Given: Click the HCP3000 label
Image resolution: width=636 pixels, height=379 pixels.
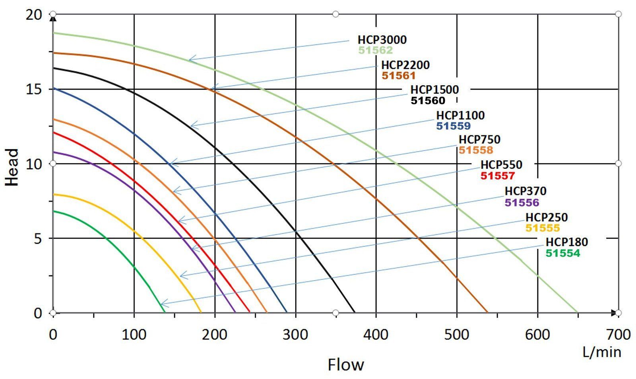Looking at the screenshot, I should (x=382, y=40).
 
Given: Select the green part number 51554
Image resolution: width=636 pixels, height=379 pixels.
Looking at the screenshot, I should (x=562, y=253).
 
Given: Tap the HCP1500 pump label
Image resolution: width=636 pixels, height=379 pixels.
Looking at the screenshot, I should (x=434, y=90).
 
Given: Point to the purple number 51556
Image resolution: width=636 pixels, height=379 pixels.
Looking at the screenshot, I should (x=522, y=202).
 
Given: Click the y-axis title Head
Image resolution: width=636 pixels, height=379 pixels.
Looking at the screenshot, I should (x=13, y=167).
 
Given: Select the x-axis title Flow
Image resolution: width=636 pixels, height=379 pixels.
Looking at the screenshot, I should (x=345, y=364).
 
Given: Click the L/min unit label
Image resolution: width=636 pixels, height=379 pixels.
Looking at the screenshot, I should (x=602, y=352).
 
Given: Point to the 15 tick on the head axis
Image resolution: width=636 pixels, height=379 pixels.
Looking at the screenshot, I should (x=35, y=89).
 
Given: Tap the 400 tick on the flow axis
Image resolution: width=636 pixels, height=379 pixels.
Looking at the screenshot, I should (x=376, y=335).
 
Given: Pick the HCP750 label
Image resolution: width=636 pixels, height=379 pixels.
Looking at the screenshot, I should (x=479, y=140).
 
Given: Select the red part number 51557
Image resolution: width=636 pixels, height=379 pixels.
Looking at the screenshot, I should (x=497, y=175).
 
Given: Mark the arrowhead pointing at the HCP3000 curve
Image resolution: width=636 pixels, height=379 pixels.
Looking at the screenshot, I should (x=190, y=60).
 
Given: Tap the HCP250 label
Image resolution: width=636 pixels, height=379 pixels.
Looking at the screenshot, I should (x=547, y=217).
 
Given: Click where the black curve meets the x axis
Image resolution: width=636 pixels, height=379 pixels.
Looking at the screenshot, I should (x=354, y=313).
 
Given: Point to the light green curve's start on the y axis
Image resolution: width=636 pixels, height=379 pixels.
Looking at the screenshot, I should (x=54, y=33).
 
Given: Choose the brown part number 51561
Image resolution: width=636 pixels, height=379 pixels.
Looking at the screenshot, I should (x=398, y=75).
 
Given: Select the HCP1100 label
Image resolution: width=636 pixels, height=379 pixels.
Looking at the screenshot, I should (x=460, y=115).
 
